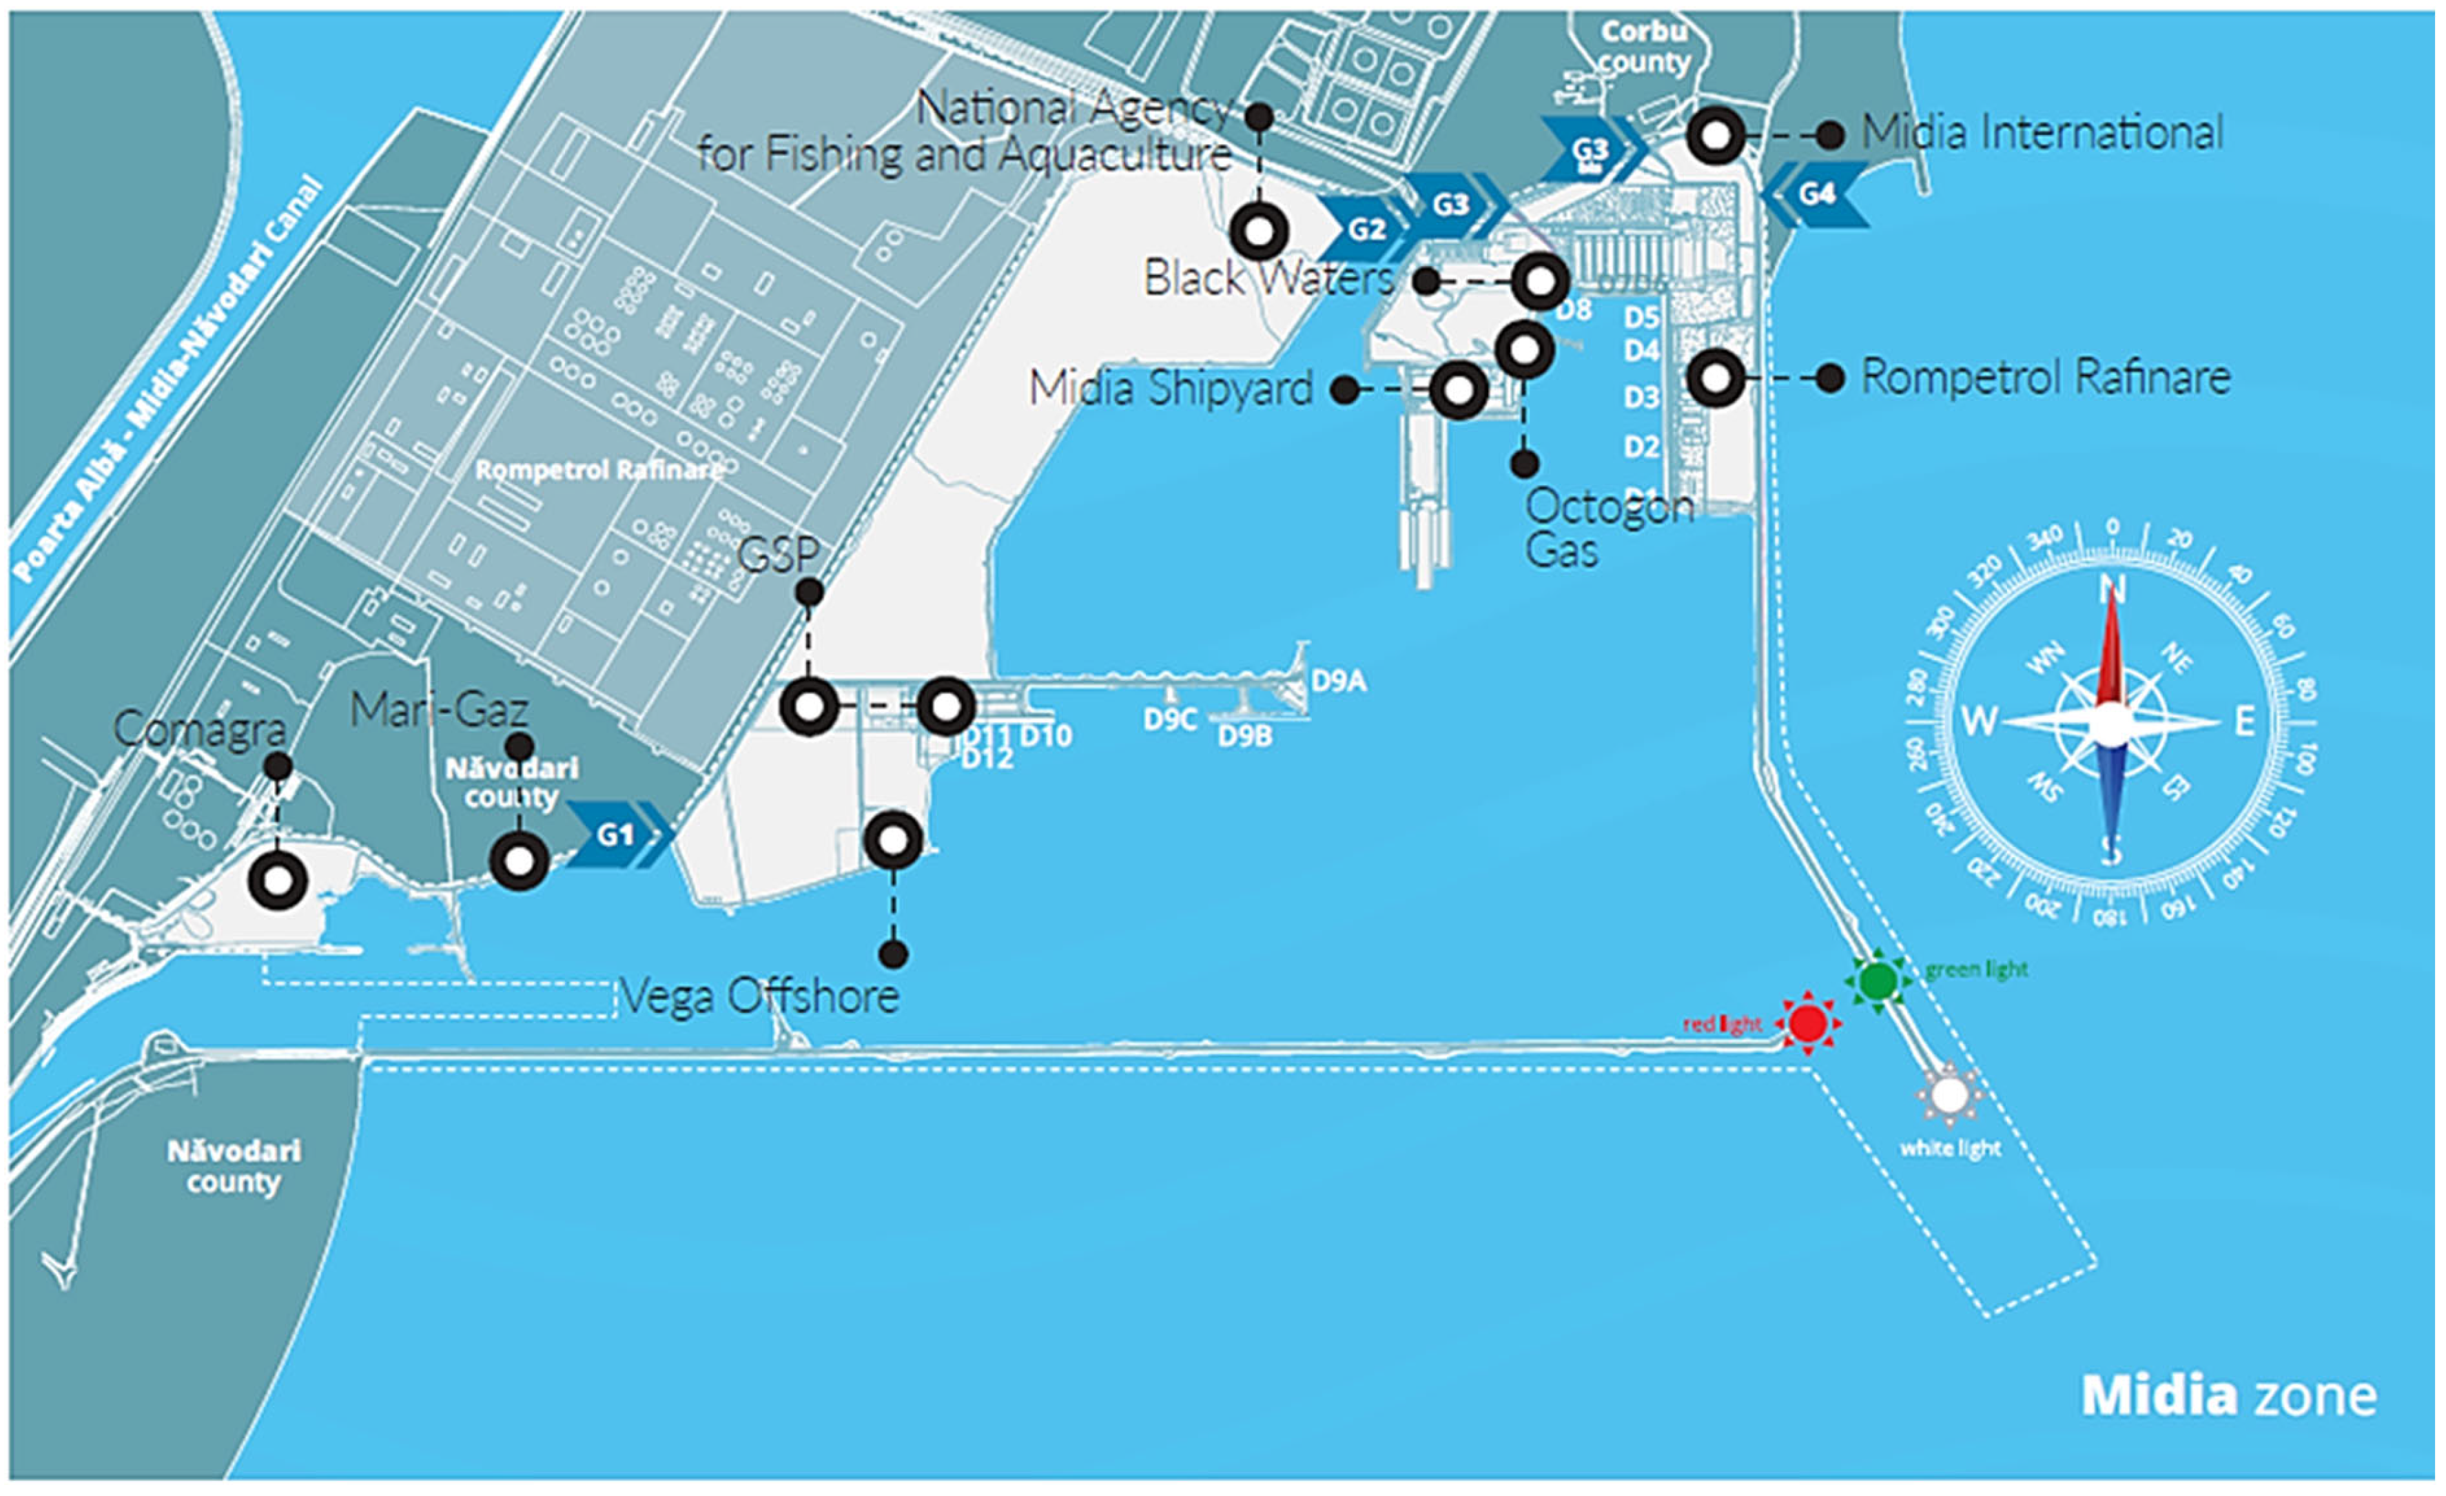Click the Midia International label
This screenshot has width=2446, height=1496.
2042,133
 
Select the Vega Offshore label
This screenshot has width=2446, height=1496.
759,996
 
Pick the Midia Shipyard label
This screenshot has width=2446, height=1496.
1171,387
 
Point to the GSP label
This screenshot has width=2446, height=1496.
779,554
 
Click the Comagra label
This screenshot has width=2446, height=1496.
200,730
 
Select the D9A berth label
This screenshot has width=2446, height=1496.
1338,681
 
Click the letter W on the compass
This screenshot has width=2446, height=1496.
1978,721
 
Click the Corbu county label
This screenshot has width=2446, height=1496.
1644,47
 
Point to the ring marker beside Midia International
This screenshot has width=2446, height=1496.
1716,135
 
